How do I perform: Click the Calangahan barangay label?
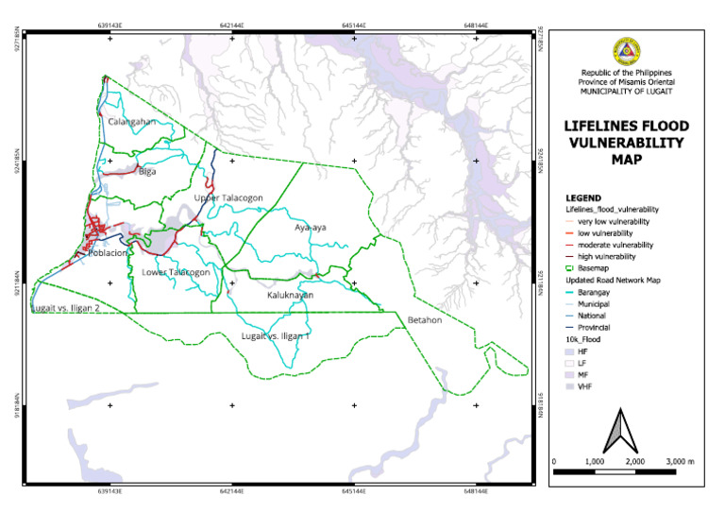click(x=131, y=122)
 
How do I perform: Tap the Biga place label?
click(x=146, y=172)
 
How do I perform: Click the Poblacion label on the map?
click(x=102, y=253)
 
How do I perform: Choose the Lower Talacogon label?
click(x=176, y=272)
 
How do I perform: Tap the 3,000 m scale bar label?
click(x=678, y=460)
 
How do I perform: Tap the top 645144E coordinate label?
click(x=354, y=16)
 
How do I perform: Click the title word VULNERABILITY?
click(x=626, y=142)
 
